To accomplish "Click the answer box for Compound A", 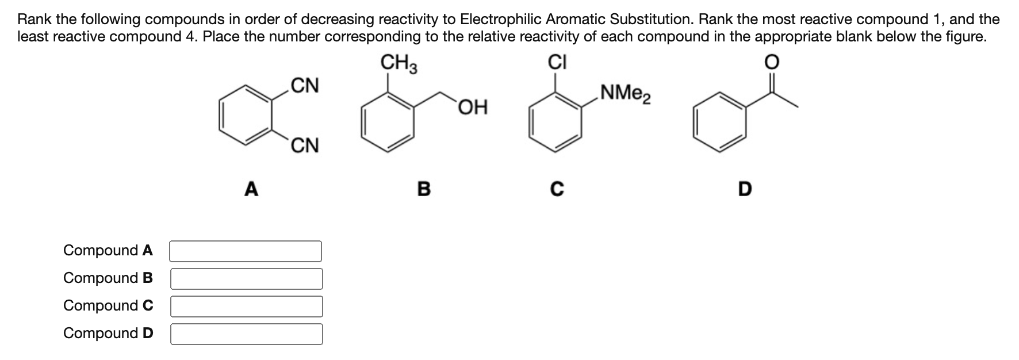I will [x=246, y=251].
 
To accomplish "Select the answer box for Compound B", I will [x=246, y=279].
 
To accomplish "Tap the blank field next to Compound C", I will [x=246, y=307].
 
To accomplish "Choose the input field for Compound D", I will [x=246, y=334].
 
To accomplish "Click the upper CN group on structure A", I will [x=305, y=86].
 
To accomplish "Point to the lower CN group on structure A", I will [x=305, y=145].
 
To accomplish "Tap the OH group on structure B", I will [x=473, y=107].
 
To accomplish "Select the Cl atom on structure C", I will [x=557, y=62].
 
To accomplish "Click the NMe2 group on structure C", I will [x=625, y=93].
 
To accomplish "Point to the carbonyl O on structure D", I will [x=772, y=62].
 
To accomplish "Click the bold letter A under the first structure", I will [x=251, y=189].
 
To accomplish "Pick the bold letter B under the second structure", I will [x=423, y=189].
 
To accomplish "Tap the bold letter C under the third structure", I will [x=557, y=189].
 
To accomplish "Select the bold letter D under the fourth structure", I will [x=744, y=189].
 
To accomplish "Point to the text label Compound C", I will [x=108, y=306].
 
